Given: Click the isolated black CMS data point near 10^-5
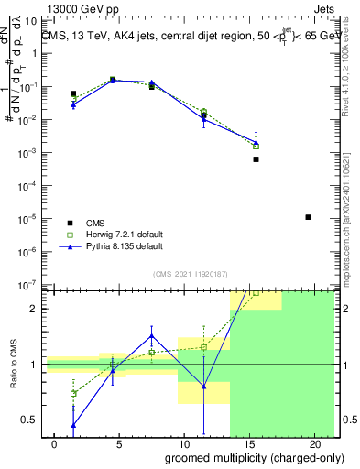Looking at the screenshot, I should [x=308, y=217].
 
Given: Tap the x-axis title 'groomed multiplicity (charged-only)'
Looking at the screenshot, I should [x=241, y=457].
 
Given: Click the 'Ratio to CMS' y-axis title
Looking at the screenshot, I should [x=12, y=365].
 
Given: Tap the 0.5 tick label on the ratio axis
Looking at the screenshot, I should [x=28, y=420].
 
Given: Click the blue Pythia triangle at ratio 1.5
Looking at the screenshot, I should [x=152, y=336].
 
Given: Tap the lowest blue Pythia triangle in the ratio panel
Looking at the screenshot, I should [x=73, y=425].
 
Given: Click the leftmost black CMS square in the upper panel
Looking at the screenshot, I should [x=73, y=93].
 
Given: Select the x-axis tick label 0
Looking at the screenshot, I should [x=55, y=444].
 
